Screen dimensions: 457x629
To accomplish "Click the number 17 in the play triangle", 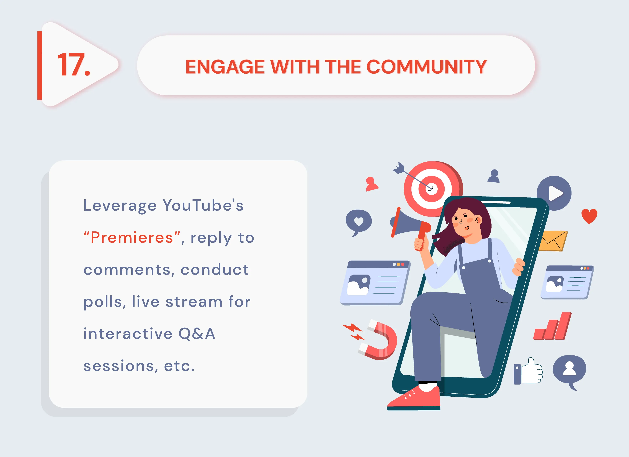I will (x=73, y=65).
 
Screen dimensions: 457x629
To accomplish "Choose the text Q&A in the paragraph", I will (x=197, y=333).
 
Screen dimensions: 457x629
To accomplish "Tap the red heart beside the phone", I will (x=589, y=216).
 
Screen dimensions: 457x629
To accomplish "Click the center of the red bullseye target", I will (x=432, y=189).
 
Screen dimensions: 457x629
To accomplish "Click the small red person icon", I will (x=371, y=184).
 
